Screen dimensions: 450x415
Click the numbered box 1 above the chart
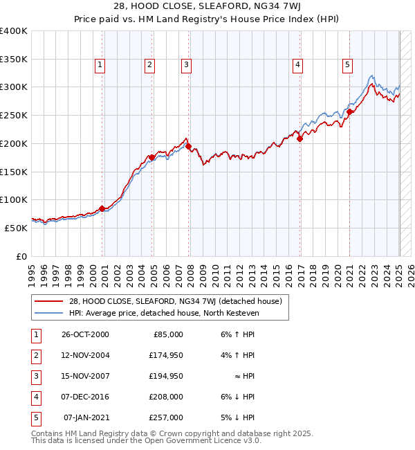(x=100, y=65)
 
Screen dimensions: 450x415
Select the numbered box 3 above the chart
(x=187, y=65)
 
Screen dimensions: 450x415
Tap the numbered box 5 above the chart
(x=347, y=65)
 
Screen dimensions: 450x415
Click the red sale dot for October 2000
(x=102, y=208)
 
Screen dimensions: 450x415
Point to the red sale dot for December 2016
(x=300, y=138)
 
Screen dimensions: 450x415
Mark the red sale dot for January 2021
(x=350, y=111)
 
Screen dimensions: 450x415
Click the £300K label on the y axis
(x=14, y=87)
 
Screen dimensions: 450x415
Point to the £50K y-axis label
(x=16, y=227)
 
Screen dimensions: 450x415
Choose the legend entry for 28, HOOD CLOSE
(x=175, y=301)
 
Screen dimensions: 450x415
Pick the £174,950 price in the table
(x=166, y=355)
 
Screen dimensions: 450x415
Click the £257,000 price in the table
(x=166, y=417)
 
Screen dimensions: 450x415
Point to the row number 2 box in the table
(x=34, y=355)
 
